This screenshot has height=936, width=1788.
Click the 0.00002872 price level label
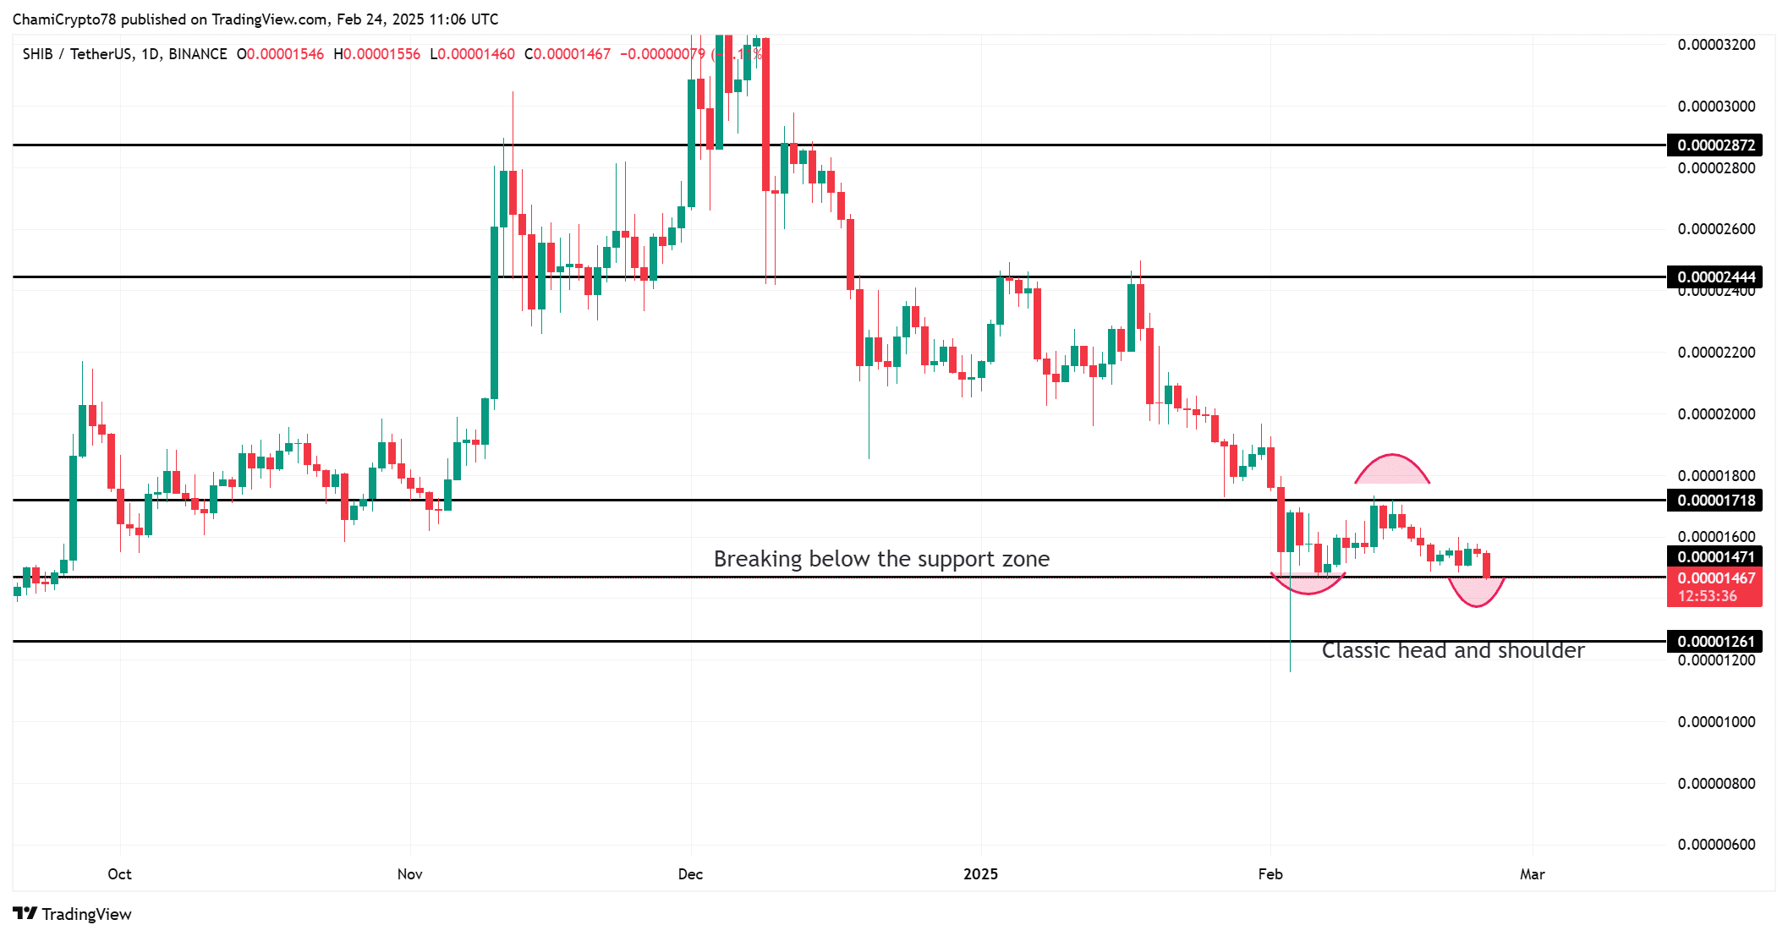(x=1715, y=145)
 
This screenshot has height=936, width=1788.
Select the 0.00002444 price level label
(x=1715, y=277)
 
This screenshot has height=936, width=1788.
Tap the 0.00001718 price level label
(x=1715, y=501)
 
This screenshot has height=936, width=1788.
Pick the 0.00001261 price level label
(x=1715, y=642)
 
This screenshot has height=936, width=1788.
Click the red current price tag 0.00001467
(x=1715, y=579)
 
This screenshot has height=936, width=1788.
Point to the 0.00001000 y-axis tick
(x=1715, y=722)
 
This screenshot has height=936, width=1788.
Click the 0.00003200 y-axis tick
(x=1715, y=45)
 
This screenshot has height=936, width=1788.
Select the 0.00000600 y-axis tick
(x=1715, y=845)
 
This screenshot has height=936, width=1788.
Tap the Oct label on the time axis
(x=119, y=874)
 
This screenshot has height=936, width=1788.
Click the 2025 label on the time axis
(x=980, y=874)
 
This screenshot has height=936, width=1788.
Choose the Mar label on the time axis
(x=1532, y=874)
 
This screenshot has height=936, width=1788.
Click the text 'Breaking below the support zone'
(x=881, y=559)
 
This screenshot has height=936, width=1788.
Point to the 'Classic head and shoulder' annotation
(x=1452, y=650)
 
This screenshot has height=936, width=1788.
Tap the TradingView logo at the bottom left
(x=73, y=914)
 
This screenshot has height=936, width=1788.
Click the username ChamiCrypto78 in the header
(x=63, y=19)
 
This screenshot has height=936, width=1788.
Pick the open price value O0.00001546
(x=280, y=54)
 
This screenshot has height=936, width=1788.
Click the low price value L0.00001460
(x=472, y=54)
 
